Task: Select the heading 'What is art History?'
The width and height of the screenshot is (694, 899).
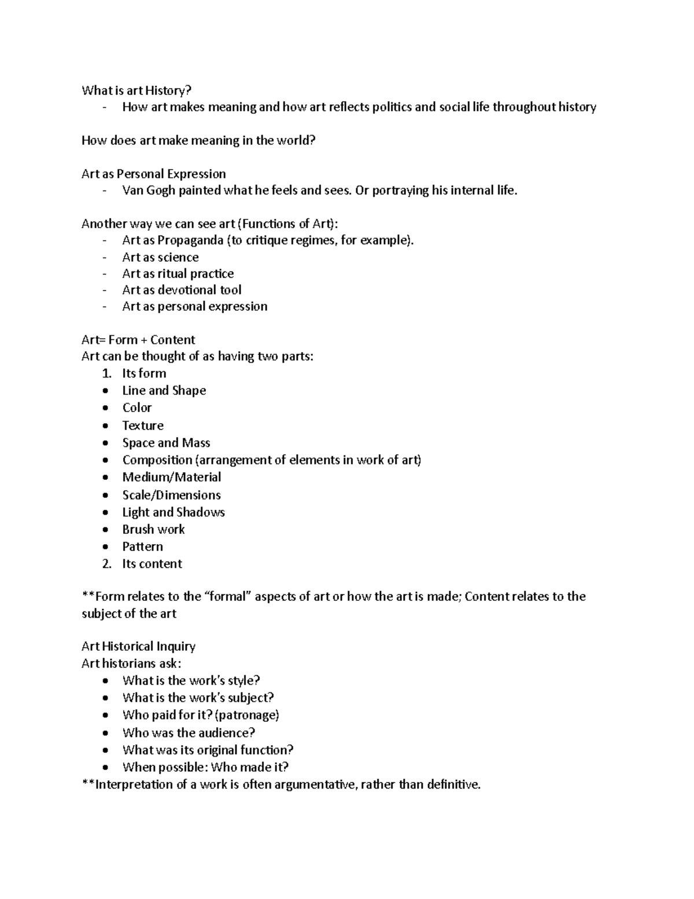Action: pos(136,90)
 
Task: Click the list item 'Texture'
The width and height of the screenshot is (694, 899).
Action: pos(143,425)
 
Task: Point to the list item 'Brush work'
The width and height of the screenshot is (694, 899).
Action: pos(153,529)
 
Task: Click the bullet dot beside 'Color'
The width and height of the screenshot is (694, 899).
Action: pos(105,408)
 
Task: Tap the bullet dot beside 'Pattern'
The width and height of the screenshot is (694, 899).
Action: pos(105,546)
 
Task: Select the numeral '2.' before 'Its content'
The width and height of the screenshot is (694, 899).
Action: pos(106,564)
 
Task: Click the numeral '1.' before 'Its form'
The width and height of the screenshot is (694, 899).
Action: pos(106,373)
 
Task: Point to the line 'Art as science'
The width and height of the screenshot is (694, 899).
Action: pos(160,257)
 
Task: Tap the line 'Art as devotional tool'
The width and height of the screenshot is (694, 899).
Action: pos(182,290)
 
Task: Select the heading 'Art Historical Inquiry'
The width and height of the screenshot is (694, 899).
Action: pos(138,647)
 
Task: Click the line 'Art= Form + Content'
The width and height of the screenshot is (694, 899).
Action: pos(138,340)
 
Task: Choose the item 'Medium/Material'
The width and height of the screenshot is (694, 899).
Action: pos(172,477)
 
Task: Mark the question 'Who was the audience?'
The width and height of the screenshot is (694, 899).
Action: pos(189,733)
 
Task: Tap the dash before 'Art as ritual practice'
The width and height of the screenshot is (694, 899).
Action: pos(104,274)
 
